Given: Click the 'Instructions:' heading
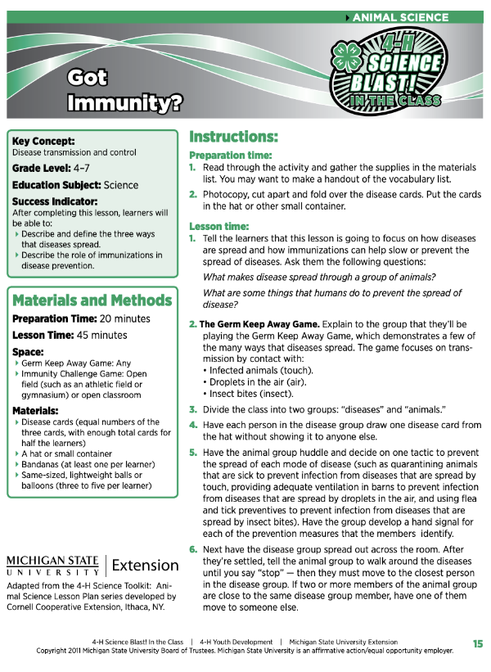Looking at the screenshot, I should point(233,137).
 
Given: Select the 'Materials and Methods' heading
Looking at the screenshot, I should point(92,300).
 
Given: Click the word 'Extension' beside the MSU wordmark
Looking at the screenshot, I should point(145,565).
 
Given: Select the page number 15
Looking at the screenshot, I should point(478,644).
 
